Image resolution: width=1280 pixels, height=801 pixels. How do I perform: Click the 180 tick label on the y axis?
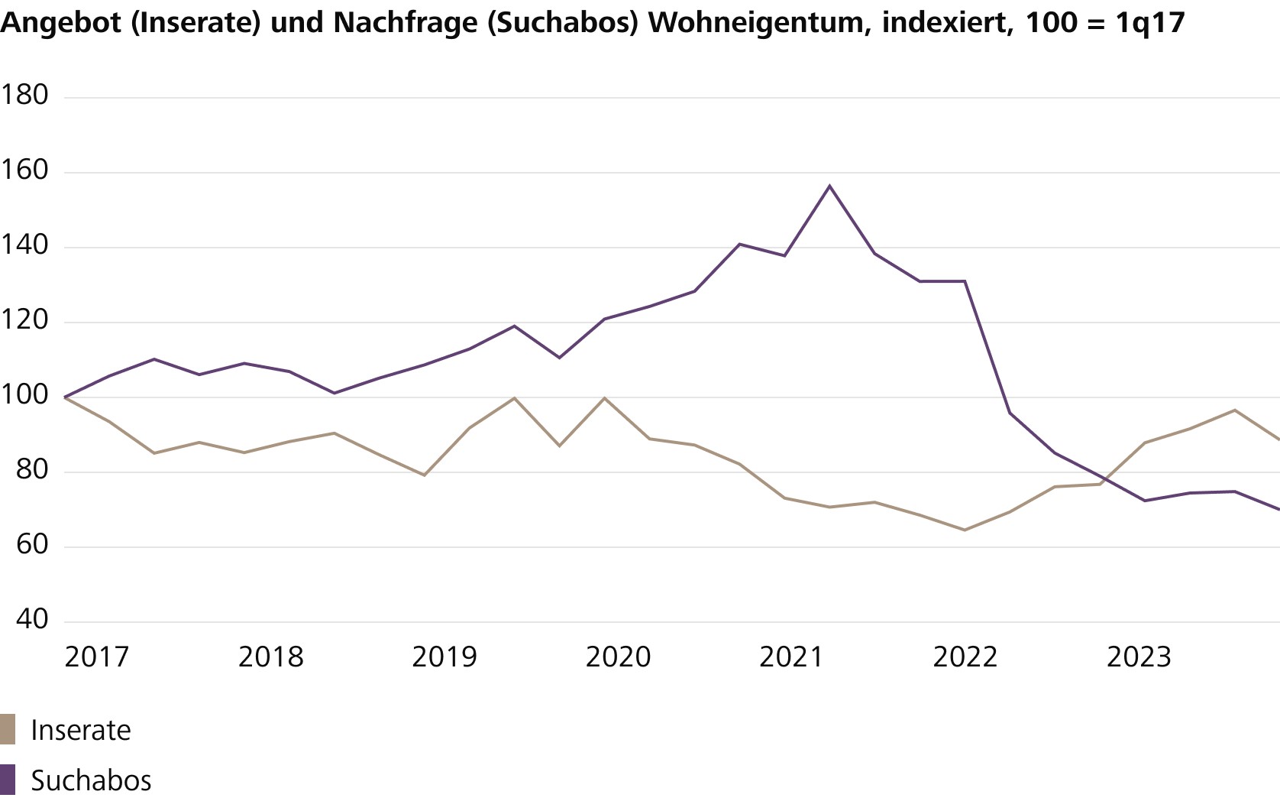pyautogui.click(x=24, y=95)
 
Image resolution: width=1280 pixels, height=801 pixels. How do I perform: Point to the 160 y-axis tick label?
pyautogui.click(x=24, y=170)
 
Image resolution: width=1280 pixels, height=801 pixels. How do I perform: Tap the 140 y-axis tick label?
pyautogui.click(x=24, y=245)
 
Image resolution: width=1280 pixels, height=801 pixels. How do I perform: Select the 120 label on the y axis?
pyautogui.click(x=24, y=319)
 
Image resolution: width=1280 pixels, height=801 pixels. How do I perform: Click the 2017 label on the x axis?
pyautogui.click(x=97, y=657)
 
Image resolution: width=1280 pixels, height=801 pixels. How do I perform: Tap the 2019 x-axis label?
pyautogui.click(x=444, y=657)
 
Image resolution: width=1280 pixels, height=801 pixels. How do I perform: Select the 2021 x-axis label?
pyautogui.click(x=791, y=657)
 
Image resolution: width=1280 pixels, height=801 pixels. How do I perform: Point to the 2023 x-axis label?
pyautogui.click(x=1139, y=657)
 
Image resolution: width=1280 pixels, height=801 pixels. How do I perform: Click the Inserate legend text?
pyautogui.click(x=81, y=731)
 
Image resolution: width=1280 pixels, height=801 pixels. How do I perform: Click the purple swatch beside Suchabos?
pyautogui.click(x=8, y=780)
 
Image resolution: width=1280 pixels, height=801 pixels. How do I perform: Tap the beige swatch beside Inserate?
pyautogui.click(x=8, y=729)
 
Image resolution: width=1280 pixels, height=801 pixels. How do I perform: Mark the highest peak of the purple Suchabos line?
pyautogui.click(x=830, y=186)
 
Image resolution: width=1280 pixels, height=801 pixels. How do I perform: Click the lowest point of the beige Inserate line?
pyautogui.click(x=965, y=530)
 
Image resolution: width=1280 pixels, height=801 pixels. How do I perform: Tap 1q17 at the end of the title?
pyautogui.click(x=1150, y=23)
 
